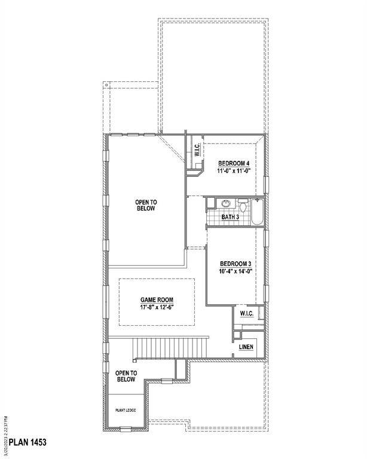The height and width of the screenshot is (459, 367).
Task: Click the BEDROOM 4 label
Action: click(x=233, y=163)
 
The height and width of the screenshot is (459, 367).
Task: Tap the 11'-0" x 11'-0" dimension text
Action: click(x=233, y=171)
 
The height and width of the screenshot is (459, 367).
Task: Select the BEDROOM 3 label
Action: click(x=234, y=264)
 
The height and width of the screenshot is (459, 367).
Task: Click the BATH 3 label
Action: click(x=230, y=217)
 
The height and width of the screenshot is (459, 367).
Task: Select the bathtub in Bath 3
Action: click(x=258, y=212)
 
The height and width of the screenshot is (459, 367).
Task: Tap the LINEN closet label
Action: click(x=246, y=347)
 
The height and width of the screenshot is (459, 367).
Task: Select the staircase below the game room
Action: click(x=170, y=347)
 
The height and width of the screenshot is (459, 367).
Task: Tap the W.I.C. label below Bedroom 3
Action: click(x=247, y=313)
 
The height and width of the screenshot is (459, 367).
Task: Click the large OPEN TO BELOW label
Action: click(x=145, y=206)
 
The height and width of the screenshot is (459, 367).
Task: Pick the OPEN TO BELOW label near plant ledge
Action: click(x=126, y=376)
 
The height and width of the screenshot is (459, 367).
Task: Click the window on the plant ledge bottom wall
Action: click(x=126, y=429)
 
